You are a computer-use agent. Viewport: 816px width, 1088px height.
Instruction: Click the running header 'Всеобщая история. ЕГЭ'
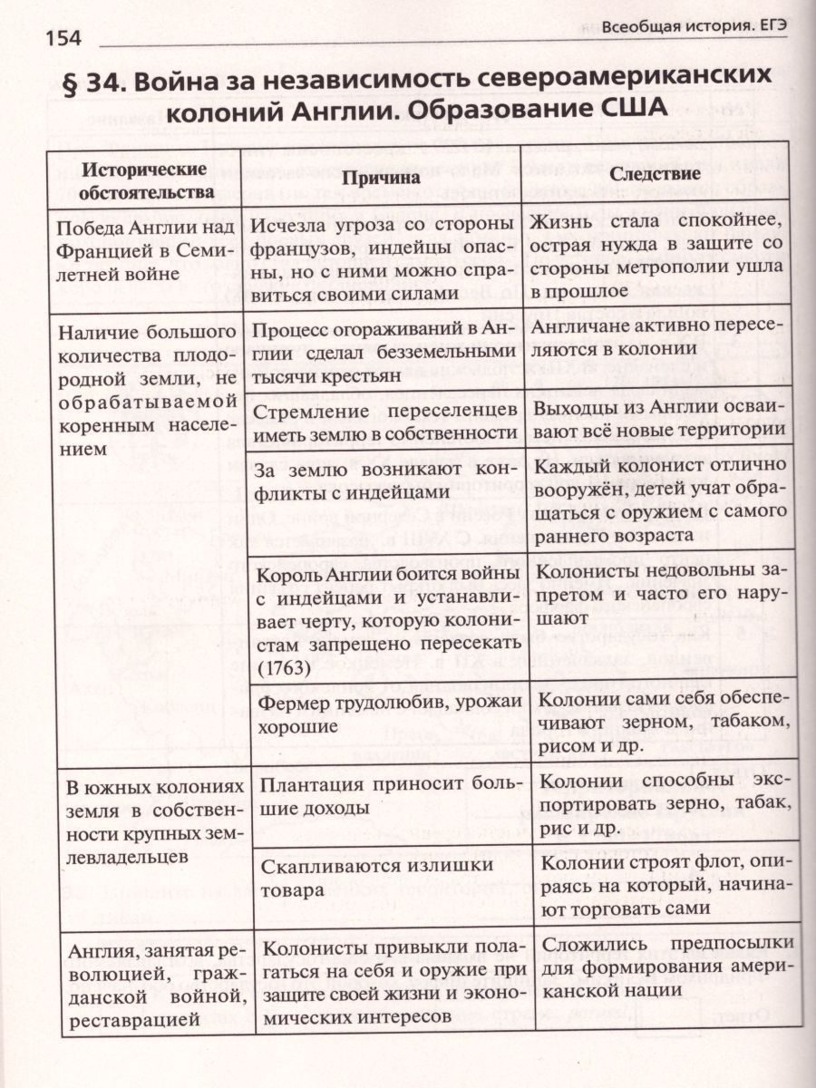click(x=694, y=27)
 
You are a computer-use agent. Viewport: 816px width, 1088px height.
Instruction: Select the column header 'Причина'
click(x=381, y=177)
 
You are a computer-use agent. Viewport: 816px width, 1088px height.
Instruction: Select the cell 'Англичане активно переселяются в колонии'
click(x=662, y=339)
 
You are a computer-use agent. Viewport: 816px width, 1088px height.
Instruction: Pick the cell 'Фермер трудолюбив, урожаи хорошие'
click(x=390, y=714)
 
